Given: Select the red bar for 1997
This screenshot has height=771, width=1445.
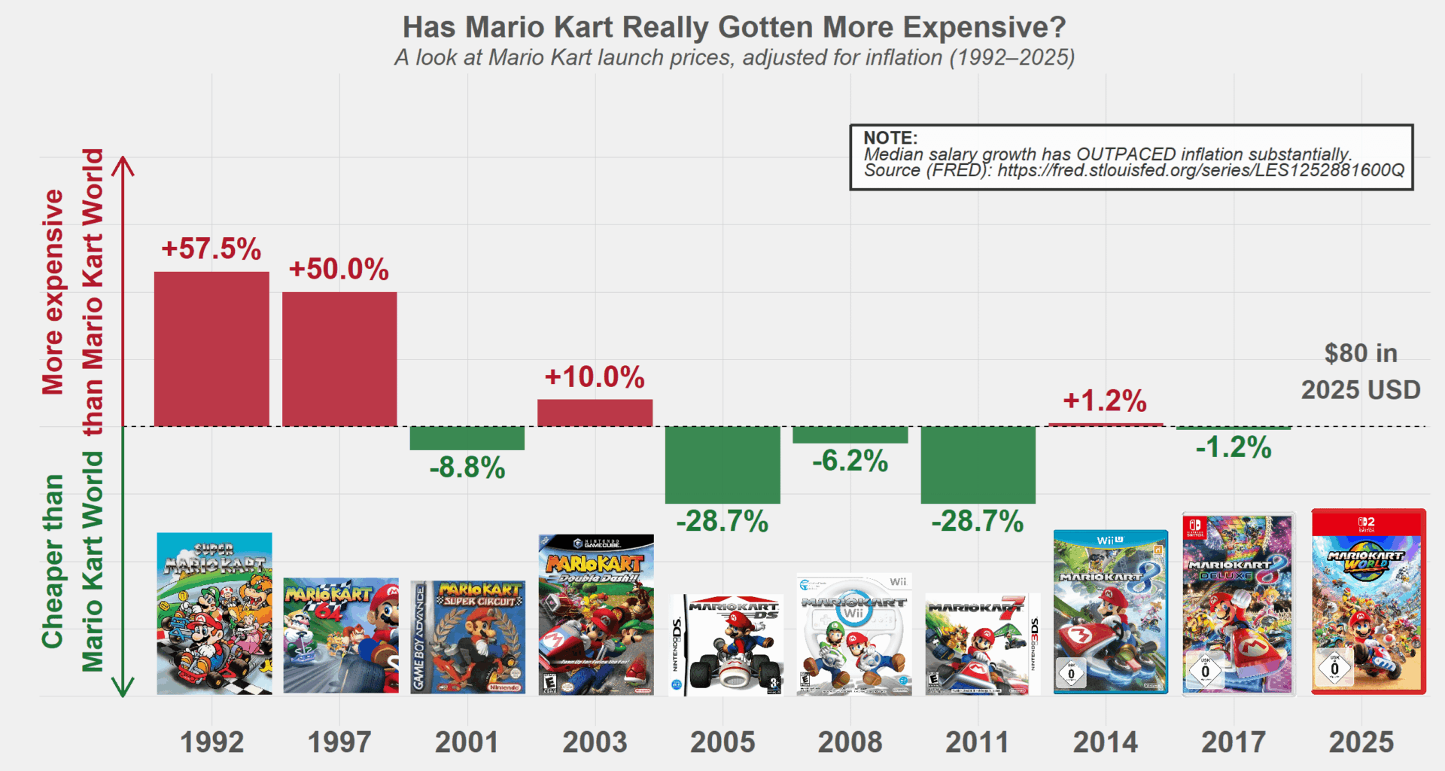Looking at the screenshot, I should (x=339, y=359).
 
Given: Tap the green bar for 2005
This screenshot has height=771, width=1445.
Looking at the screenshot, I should (x=722, y=465).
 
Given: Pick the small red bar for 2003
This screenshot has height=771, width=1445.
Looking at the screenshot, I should (x=595, y=413).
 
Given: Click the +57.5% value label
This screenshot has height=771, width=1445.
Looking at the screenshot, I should (x=211, y=249).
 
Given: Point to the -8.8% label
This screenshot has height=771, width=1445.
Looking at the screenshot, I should (x=467, y=468).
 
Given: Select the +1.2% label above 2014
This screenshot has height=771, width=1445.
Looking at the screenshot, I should (x=1105, y=401).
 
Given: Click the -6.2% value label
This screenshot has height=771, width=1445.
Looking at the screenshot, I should (x=850, y=461).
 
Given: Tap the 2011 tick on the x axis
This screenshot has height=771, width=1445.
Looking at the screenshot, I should (x=977, y=742).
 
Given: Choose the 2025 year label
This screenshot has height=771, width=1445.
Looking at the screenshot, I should (x=1361, y=742).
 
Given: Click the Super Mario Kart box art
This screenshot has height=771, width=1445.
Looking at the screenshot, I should (x=214, y=614).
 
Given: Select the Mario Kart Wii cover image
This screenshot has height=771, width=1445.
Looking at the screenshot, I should (x=854, y=635).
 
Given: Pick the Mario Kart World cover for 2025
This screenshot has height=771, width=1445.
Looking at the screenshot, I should (x=1368, y=602).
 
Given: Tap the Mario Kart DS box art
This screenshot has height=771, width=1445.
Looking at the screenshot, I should (x=726, y=645).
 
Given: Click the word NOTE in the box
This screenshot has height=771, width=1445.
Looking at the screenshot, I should (x=890, y=138).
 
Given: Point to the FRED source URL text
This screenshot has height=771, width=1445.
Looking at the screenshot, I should (x=1200, y=170).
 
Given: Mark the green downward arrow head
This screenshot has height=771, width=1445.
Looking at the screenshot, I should (x=123, y=687).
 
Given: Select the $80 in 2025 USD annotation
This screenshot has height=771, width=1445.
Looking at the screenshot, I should (x=1361, y=371).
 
